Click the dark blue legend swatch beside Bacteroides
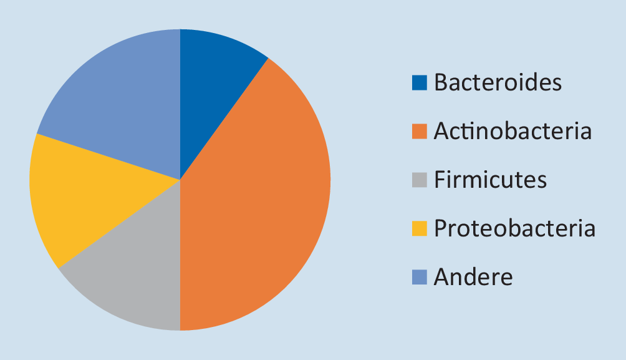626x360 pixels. point(419,82)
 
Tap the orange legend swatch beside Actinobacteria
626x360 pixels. point(419,131)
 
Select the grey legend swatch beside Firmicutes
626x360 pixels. point(419,180)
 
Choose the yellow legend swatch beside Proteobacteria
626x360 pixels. point(419,228)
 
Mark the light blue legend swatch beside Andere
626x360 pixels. point(419,277)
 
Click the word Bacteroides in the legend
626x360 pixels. point(498,82)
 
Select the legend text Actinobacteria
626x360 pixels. point(513,131)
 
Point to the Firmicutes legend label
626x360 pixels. point(490,180)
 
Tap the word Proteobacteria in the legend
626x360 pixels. point(514,228)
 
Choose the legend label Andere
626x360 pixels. point(473,277)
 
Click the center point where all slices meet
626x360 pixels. point(180,180)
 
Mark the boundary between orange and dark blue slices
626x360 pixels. point(224,119)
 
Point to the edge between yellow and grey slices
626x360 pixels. point(119,224)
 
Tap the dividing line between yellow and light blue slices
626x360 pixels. point(108,157)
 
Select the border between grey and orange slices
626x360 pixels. point(180,255)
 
